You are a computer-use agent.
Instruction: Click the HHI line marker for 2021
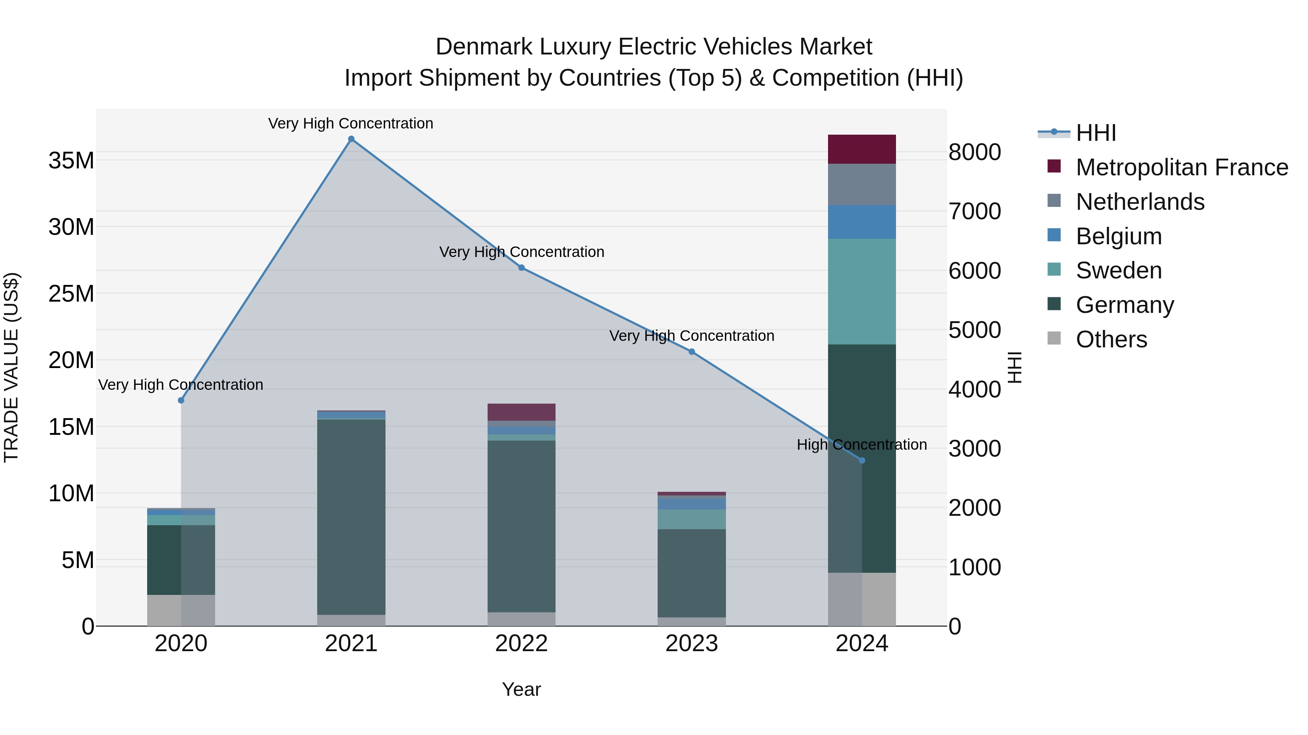coord(351,139)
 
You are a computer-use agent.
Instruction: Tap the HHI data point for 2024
coord(862,461)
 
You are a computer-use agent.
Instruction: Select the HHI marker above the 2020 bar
coord(181,400)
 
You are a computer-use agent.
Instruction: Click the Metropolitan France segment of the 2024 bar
coord(862,149)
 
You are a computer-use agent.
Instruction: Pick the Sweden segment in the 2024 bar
coord(862,292)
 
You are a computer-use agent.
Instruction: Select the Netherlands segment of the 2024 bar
coord(862,184)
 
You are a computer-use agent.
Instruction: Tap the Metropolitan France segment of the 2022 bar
coord(521,412)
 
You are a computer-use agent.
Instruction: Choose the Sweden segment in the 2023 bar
coord(691,519)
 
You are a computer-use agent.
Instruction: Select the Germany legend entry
coord(1124,305)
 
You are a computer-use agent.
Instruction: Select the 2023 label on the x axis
coord(691,644)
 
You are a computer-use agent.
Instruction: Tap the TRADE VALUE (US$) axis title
coord(11,367)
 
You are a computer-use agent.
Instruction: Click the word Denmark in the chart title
coord(484,47)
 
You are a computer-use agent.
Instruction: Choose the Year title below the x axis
coord(521,689)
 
